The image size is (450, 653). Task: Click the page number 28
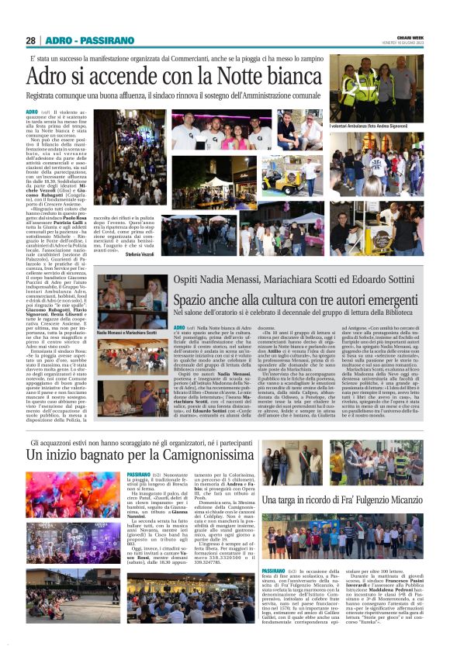[30, 40]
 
